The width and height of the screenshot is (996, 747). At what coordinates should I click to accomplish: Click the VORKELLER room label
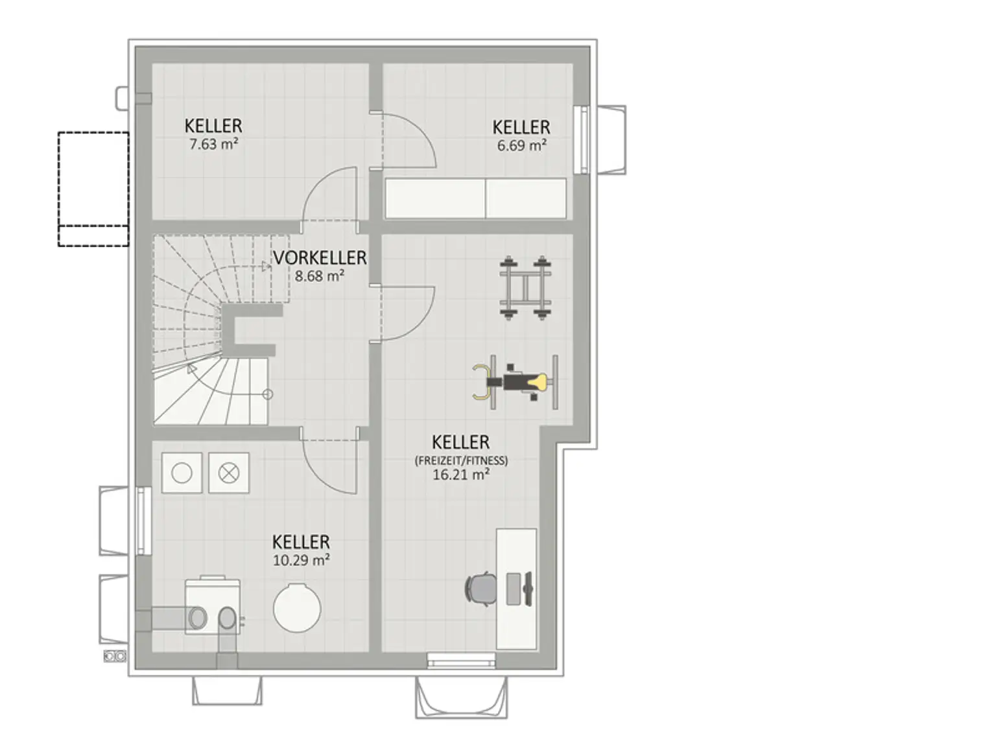320,257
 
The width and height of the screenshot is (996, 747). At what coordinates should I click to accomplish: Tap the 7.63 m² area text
213,144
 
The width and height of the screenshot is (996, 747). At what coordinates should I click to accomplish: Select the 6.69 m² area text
521,146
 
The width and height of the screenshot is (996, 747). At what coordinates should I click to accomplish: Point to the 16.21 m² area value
460,475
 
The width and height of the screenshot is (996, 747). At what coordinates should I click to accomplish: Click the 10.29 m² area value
301,560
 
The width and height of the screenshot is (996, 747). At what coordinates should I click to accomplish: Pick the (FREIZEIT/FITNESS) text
461,461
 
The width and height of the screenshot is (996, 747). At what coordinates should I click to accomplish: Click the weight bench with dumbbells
525,288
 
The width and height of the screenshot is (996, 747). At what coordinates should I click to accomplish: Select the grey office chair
481,589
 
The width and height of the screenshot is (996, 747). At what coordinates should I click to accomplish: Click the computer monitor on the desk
528,589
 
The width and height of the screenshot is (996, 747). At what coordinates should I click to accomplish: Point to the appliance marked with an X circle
229,473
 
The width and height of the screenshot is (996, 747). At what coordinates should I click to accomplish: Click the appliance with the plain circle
182,473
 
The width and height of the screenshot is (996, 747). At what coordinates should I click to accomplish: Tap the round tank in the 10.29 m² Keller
297,608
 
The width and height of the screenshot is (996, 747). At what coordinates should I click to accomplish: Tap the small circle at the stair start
268,394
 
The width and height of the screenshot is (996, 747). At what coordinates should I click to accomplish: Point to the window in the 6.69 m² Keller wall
582,139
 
